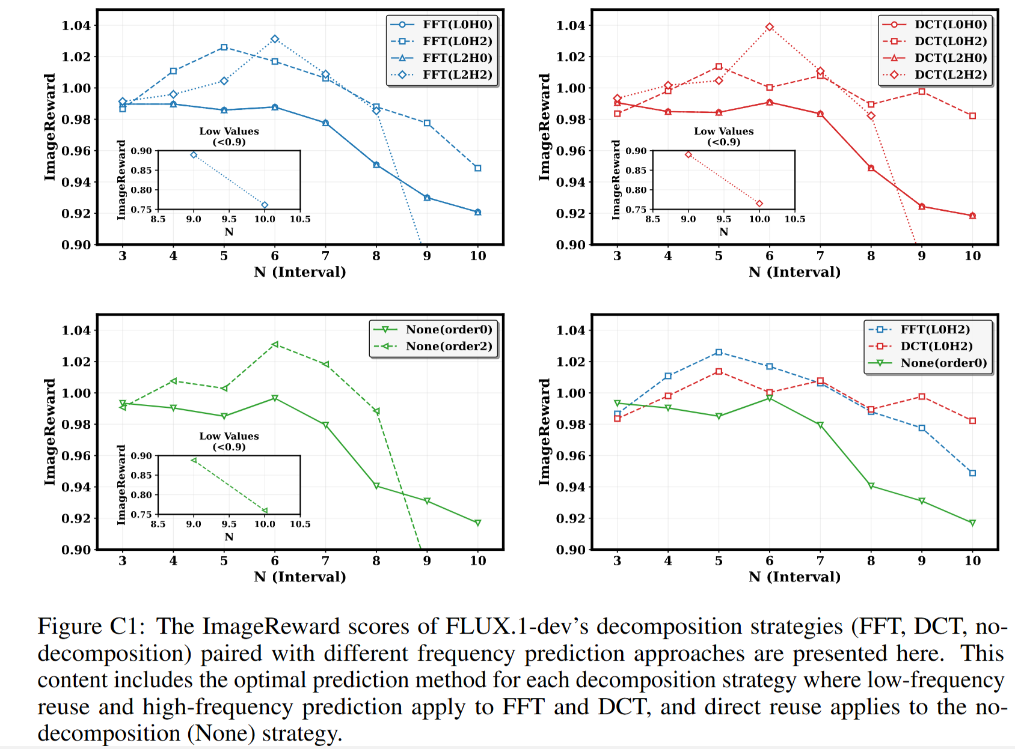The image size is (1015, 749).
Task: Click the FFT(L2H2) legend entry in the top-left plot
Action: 457,75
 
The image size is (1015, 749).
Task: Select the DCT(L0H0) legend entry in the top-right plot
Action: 951,25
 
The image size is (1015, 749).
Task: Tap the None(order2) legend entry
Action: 449,347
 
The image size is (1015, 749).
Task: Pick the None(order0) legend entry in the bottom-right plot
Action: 943,363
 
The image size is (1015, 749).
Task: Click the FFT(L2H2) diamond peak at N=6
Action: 275,39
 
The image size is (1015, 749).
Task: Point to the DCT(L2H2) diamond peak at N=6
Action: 770,27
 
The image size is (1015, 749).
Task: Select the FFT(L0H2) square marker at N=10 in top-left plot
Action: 477,168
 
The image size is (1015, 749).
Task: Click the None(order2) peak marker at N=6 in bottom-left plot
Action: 275,345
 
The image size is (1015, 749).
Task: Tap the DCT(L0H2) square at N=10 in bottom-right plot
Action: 972,421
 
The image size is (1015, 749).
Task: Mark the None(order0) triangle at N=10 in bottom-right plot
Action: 972,523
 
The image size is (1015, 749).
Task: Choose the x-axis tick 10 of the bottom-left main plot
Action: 477,561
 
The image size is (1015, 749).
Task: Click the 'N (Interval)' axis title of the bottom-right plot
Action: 794,577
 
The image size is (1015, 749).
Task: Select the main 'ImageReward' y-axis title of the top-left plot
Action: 49,127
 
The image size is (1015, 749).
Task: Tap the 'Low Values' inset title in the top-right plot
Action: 723,131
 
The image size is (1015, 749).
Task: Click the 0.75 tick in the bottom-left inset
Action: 141,515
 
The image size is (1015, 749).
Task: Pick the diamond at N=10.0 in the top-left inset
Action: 265,205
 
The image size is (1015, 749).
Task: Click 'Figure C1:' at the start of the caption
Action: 91,626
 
